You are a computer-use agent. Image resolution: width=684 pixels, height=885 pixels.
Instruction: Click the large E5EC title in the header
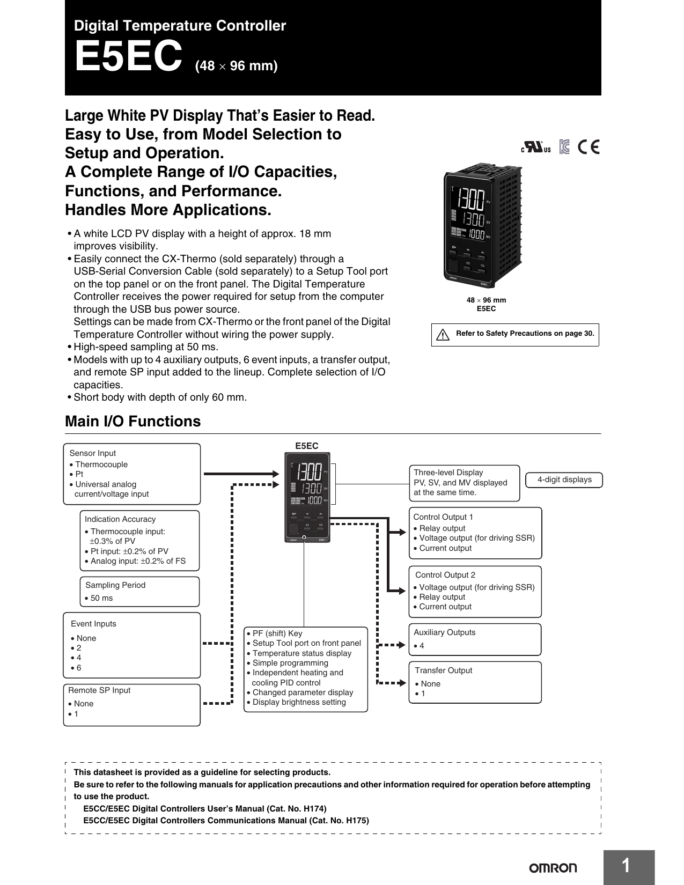128,57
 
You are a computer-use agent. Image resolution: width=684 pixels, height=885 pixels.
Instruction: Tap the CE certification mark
589,147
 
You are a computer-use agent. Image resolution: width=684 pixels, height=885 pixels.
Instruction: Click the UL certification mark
535,147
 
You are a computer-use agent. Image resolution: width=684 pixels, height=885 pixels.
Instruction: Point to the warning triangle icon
443,335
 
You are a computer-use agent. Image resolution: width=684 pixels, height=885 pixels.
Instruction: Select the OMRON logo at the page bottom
553,868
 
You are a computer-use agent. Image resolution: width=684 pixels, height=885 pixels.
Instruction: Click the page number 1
626,866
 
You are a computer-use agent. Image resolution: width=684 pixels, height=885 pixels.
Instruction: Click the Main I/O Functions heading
133,422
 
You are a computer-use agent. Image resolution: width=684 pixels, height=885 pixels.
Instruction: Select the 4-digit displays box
564,480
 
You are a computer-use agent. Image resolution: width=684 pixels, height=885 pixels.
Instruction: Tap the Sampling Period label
115,585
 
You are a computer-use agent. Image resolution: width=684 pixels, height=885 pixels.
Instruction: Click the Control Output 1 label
443,517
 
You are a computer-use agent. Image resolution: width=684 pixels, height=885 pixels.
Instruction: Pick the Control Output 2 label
445,575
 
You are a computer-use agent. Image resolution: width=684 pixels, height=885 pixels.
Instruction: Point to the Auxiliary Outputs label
444,632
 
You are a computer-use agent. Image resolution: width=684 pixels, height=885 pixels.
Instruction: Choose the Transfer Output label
443,670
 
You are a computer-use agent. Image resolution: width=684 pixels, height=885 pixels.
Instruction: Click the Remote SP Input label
99,690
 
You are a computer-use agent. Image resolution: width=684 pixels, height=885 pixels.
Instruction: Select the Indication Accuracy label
120,519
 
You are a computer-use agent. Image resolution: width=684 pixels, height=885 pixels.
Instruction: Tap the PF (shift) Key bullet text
277,633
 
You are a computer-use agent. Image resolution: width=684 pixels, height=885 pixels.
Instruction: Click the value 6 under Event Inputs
79,668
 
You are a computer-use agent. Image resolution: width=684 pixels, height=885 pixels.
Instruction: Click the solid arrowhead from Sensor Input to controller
276,474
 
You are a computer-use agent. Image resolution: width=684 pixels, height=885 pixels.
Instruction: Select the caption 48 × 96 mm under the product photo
486,300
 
